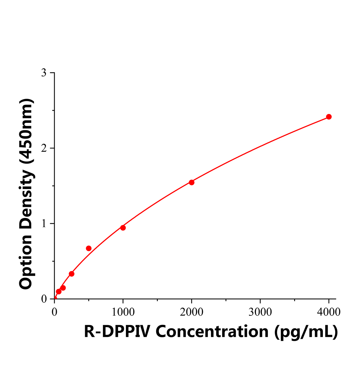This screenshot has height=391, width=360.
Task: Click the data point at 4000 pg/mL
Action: pyautogui.click(x=329, y=117)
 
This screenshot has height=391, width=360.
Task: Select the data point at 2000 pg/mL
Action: pyautogui.click(x=192, y=182)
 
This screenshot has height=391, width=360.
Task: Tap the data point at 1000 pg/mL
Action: pyautogui.click(x=123, y=228)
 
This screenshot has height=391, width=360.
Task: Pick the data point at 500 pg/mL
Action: pyautogui.click(x=89, y=248)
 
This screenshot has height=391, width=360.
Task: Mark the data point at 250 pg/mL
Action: pyautogui.click(x=72, y=274)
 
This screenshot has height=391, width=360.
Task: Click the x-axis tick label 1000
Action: pyautogui.click(x=123, y=312)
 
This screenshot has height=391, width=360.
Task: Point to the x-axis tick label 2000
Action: pyautogui.click(x=192, y=312)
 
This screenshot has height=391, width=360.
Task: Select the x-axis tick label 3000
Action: pyautogui.click(x=260, y=312)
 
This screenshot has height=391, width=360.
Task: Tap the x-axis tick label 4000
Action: pyautogui.click(x=329, y=312)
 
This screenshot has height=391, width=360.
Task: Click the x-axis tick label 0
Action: pyautogui.click(x=54, y=312)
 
